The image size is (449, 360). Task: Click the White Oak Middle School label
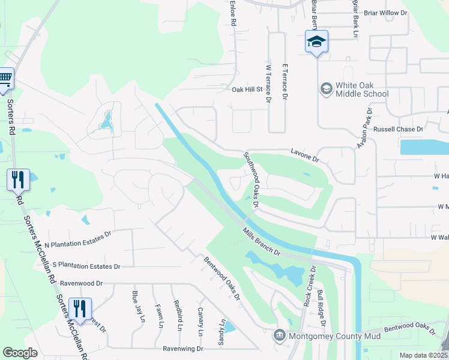(362, 89)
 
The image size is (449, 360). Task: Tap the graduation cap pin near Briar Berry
(316, 42)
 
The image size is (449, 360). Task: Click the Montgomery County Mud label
(333, 336)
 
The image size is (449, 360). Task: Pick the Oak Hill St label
(248, 89)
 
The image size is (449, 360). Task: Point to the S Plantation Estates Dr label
(86, 266)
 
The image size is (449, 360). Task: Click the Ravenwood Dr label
(82, 283)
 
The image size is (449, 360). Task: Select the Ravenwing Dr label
(183, 348)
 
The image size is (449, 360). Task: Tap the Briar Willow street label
(382, 12)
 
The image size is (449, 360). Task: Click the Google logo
(20, 353)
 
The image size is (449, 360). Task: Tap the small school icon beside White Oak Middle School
(326, 89)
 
